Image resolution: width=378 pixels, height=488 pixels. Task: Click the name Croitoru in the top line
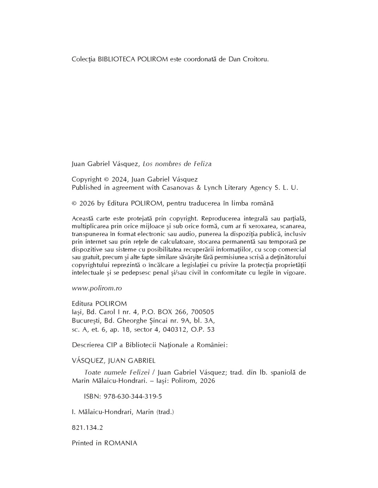(x=255, y=59)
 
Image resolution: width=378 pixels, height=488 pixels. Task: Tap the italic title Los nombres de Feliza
(x=177, y=164)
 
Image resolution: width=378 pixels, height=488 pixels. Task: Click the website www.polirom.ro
(x=97, y=288)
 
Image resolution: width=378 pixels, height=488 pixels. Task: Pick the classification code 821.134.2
(x=87, y=428)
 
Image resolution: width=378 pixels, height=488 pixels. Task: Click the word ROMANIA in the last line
(x=121, y=443)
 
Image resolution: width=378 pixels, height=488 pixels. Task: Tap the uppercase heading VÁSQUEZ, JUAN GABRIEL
(x=113, y=361)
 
